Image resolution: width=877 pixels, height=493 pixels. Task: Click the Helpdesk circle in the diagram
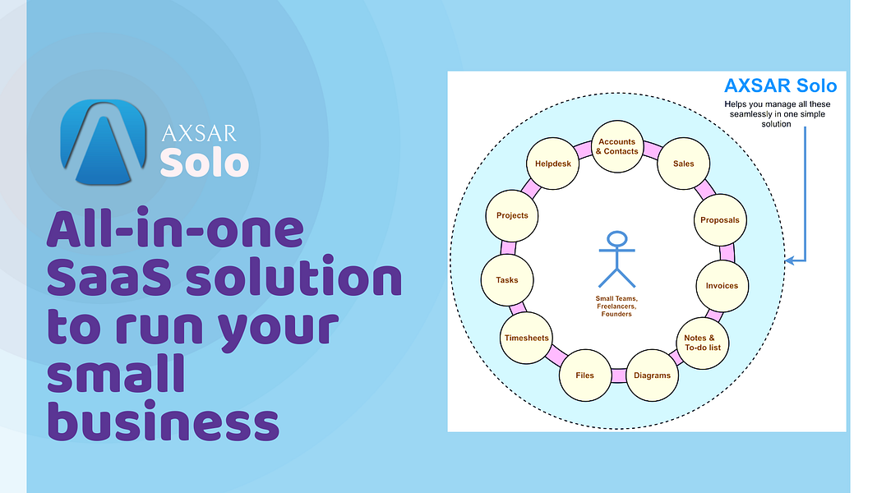(552, 164)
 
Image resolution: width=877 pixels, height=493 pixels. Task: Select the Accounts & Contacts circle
(617, 146)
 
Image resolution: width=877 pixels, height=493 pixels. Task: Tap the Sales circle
(684, 164)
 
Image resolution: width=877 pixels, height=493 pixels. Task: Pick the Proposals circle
(720, 219)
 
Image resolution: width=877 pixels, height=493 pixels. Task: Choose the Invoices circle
(722, 286)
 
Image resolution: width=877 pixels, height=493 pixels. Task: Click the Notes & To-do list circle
(703, 343)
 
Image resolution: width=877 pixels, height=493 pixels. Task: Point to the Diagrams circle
(652, 375)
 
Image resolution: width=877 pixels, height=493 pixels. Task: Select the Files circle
(585, 375)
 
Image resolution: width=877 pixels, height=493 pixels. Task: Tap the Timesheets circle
(526, 338)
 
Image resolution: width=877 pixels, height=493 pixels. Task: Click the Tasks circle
(507, 280)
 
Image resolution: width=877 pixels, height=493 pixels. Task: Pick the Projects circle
(512, 215)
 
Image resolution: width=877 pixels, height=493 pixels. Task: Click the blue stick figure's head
(617, 238)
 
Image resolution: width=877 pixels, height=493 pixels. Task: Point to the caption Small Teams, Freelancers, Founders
(616, 306)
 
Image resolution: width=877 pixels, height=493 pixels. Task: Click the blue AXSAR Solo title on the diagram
(780, 85)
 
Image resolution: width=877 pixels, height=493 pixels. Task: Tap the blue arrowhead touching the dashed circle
(789, 260)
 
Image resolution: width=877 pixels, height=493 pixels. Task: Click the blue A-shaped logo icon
(103, 142)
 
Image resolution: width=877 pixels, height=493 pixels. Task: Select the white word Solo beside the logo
(204, 162)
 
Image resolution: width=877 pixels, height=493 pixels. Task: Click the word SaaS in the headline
(109, 277)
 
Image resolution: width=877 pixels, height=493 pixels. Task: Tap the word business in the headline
(163, 421)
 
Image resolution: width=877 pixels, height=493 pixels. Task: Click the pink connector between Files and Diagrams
(619, 375)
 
